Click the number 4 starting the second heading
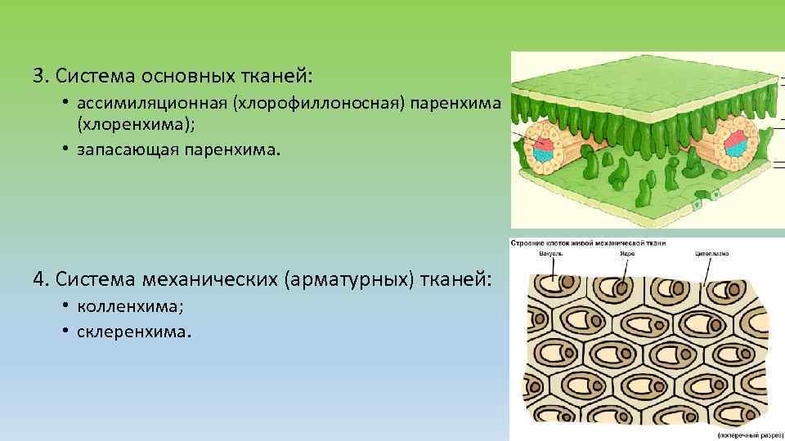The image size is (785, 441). [38, 281]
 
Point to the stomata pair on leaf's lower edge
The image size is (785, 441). [707, 197]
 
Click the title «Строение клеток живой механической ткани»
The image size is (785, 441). [587, 243]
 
